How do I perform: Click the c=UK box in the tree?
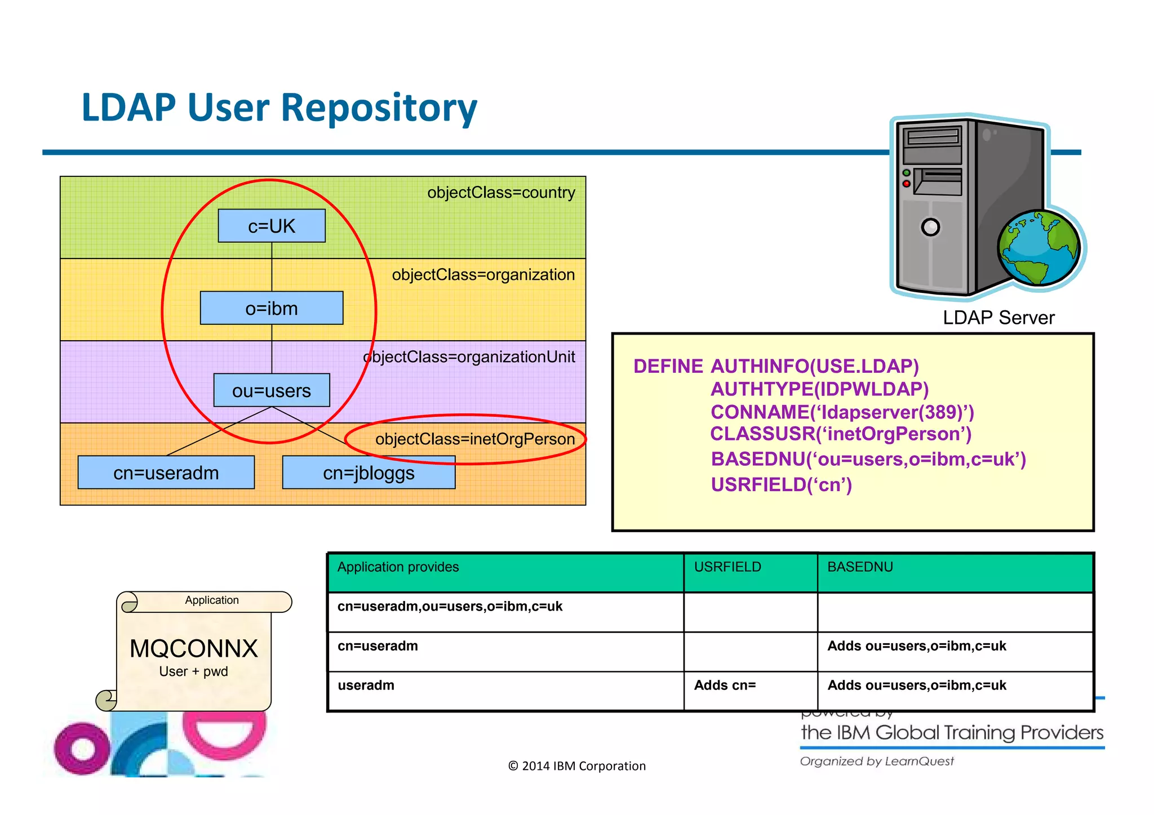272,226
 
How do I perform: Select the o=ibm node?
272,308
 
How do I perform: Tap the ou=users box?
272,390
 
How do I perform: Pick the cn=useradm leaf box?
166,473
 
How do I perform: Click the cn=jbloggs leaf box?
369,473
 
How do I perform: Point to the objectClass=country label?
501,193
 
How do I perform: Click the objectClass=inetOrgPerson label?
475,439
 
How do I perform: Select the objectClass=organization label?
483,275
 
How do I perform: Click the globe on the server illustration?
1038,247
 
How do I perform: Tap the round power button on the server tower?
930,227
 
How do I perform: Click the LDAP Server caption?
998,318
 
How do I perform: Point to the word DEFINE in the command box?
668,367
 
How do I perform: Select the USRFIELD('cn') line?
781,484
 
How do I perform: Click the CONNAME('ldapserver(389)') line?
842,412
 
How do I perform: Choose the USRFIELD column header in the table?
727,567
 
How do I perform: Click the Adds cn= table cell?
725,685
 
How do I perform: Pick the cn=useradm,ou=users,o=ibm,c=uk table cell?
450,607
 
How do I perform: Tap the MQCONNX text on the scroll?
193,649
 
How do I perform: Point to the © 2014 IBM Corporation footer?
576,766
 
